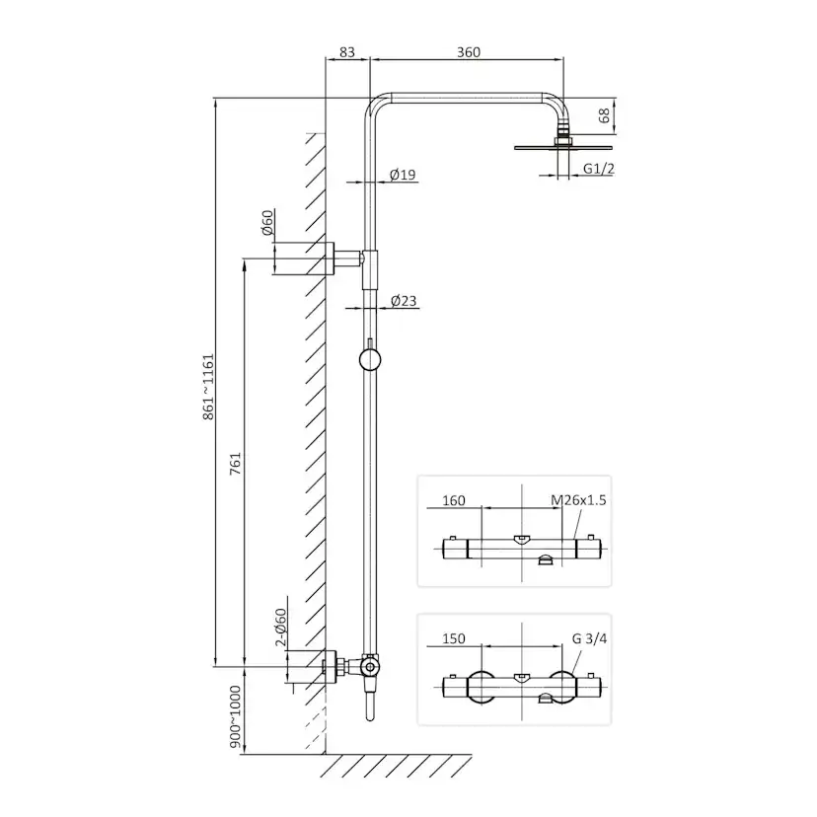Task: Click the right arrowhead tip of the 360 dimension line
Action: [563, 59]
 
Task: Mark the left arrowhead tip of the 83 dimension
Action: [326, 59]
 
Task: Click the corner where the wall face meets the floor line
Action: [326, 754]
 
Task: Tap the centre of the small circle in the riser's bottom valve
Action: [369, 666]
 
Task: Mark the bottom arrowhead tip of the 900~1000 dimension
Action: [245, 754]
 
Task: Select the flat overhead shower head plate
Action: [562, 148]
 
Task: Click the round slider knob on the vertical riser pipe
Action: [370, 359]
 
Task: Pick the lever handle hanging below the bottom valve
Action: [369, 700]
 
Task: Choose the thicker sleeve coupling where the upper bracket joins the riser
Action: [370, 270]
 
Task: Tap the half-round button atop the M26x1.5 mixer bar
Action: [522, 540]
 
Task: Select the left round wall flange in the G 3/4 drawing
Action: [482, 687]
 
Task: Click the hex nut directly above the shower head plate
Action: [562, 140]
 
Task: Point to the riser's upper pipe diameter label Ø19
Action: [403, 175]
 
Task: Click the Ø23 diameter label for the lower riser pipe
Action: [404, 301]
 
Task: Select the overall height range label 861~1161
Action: [208, 387]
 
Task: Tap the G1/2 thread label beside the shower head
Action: [599, 169]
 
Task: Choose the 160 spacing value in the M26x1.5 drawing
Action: [453, 500]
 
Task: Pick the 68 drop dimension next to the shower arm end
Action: [605, 115]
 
